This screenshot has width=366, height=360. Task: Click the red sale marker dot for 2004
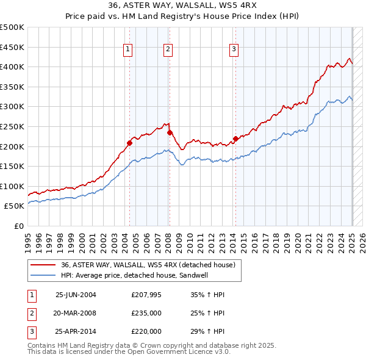click(x=129, y=143)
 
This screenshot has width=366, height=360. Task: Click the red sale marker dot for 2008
click(x=170, y=132)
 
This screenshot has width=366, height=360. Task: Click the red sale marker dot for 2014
click(x=235, y=139)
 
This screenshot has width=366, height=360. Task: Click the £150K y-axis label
click(x=12, y=166)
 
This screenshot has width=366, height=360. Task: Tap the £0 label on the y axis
click(x=19, y=226)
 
